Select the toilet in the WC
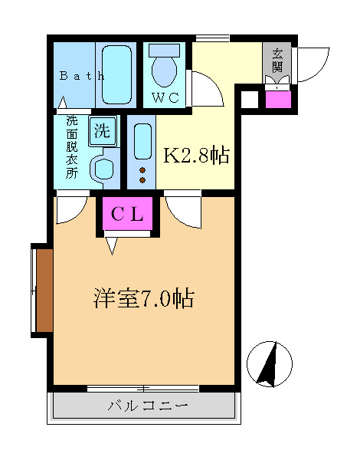pos(164,67)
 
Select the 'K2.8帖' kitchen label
pos(197,156)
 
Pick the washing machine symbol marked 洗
pos(102,130)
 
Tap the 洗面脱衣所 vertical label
pos(71,147)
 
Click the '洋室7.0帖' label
pos(143,298)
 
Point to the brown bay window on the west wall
pos(42,291)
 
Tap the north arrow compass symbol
pos(270,363)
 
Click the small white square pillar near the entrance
pos(248,98)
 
